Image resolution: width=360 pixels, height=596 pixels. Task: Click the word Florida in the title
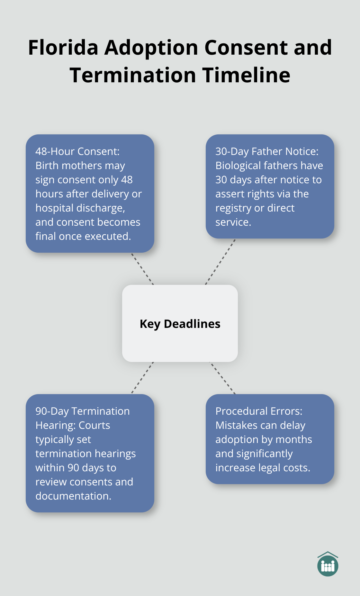[x=63, y=48]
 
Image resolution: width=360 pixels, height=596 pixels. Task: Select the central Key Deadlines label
[x=180, y=324]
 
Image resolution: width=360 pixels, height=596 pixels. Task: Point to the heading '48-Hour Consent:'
[x=77, y=151]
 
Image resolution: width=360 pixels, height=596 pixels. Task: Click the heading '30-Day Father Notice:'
[x=267, y=151]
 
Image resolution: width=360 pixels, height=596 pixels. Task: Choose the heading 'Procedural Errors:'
[x=259, y=411]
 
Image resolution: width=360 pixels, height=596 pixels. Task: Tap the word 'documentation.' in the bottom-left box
[x=73, y=496]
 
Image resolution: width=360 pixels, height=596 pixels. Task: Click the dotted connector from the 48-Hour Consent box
[x=142, y=269]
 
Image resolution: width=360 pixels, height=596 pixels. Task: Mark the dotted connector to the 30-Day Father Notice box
[x=221, y=262]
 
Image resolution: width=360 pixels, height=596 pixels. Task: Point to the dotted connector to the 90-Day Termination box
[x=142, y=378]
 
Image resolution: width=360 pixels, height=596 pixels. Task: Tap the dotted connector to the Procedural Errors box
[x=222, y=378]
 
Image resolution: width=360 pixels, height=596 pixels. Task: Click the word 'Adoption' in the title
[x=151, y=48]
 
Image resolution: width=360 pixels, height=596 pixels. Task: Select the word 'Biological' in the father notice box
[x=238, y=166]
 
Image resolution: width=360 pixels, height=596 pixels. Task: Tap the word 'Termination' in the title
[x=133, y=75]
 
